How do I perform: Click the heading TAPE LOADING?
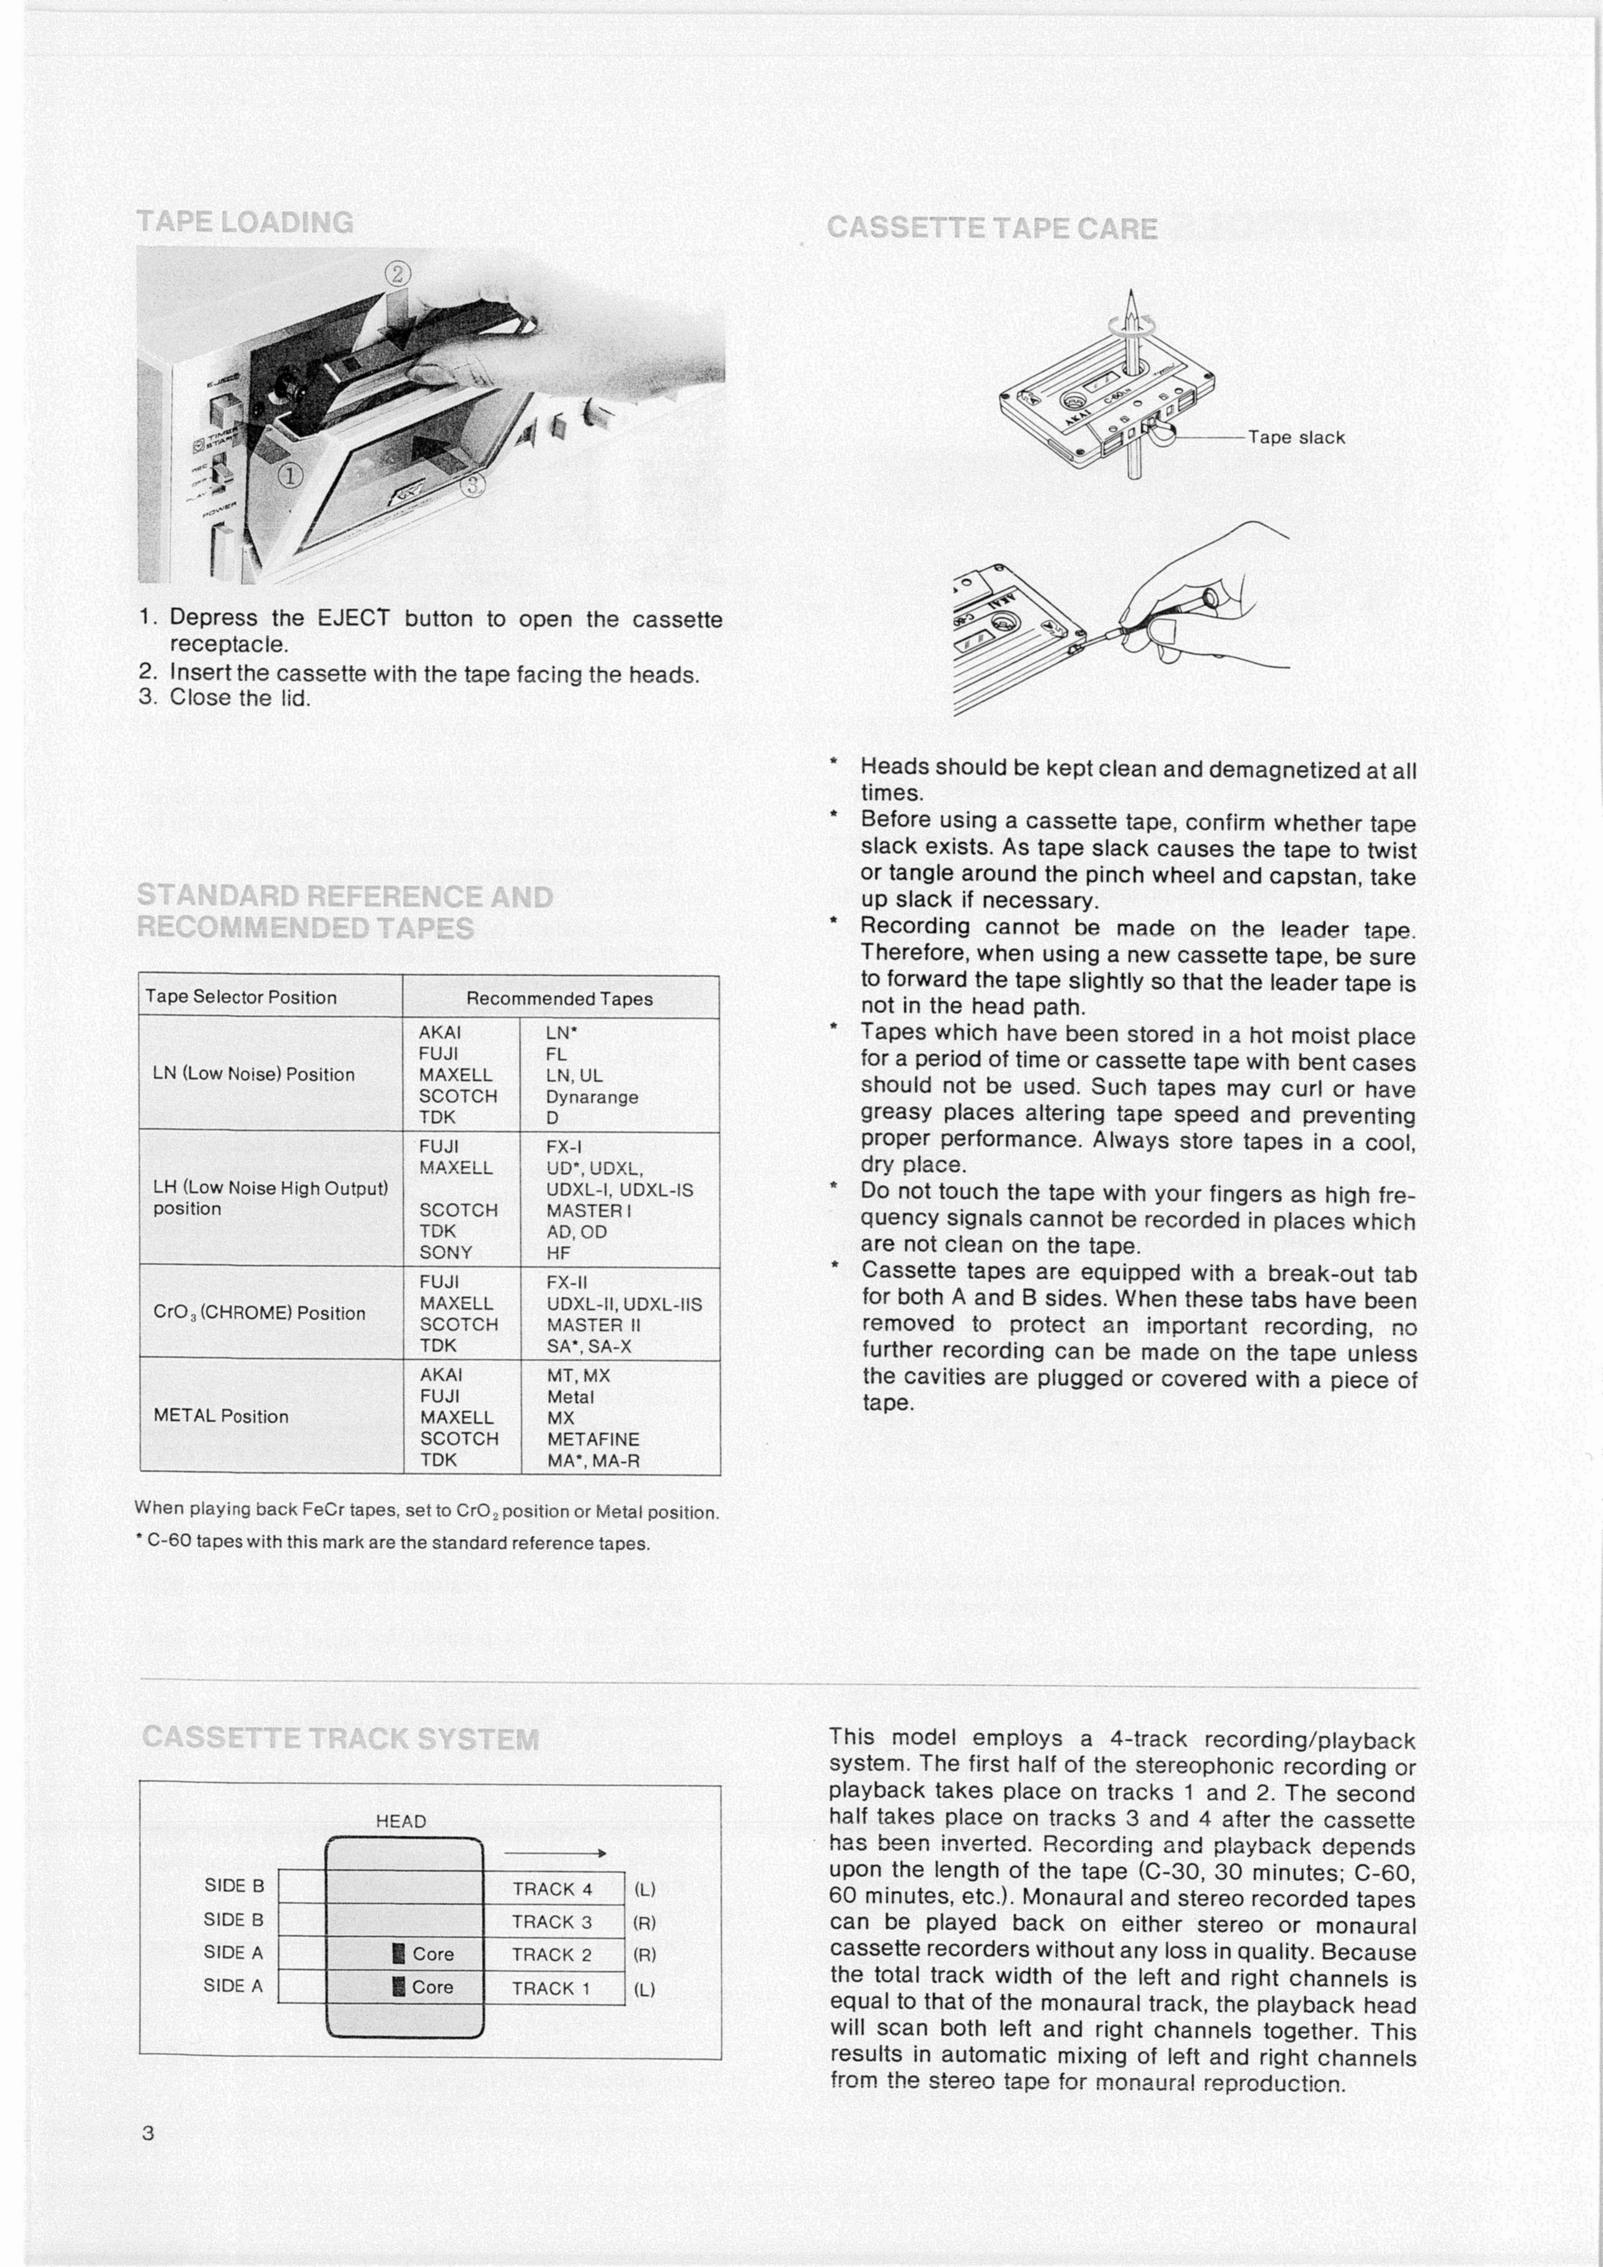tap(245, 222)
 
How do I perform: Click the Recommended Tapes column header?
tap(559, 998)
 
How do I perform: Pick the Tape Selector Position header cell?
tap(241, 997)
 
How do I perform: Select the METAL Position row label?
tap(221, 1416)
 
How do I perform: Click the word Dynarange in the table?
tap(592, 1097)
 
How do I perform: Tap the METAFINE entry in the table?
tap(593, 1439)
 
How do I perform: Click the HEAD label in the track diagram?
tap(401, 1821)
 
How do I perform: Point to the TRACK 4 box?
tap(553, 1889)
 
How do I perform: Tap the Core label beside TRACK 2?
tap(432, 1954)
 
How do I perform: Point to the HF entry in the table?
tap(559, 1252)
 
